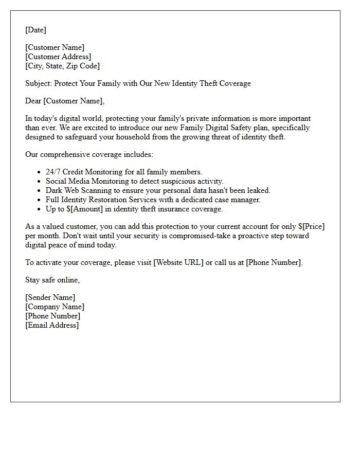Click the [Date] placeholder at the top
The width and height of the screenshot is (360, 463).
(35, 30)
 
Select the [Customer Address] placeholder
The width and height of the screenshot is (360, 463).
(58, 57)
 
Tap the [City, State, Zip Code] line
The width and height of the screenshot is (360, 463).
(62, 66)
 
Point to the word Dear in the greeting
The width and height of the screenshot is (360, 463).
(33, 101)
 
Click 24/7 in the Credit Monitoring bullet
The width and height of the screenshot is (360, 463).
(53, 172)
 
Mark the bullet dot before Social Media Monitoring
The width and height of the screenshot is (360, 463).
(40, 181)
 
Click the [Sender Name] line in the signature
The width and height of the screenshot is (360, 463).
(50, 297)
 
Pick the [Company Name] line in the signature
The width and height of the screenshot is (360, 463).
(55, 307)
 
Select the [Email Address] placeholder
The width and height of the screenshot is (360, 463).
(52, 325)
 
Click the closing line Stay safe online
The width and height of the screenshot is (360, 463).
(52, 280)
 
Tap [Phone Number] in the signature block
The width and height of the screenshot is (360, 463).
(52, 316)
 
